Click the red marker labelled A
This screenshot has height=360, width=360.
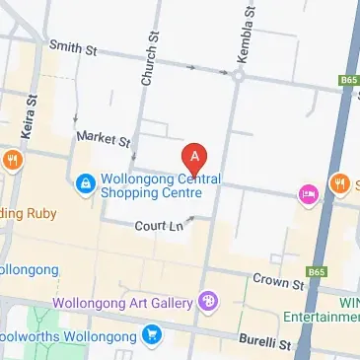coord(195,157)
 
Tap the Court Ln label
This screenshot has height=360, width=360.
coord(161,226)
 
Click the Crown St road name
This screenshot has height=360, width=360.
coord(276,281)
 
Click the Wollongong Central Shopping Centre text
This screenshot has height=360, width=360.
coord(161,184)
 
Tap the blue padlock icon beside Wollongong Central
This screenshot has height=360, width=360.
coord(86,183)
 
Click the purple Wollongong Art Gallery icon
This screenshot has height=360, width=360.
coord(207,301)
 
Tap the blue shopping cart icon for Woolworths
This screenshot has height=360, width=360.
coord(151,335)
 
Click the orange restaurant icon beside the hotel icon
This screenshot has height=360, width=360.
coord(339,183)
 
